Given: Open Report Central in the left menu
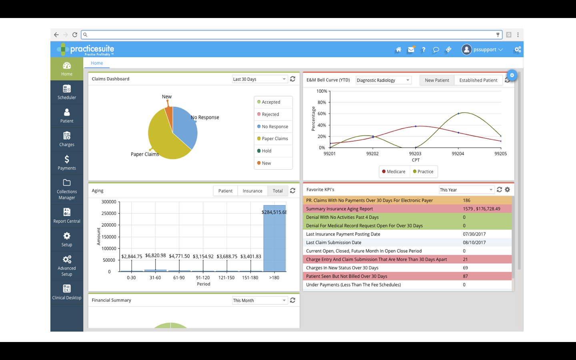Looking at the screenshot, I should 67,215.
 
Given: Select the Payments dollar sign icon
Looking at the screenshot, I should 67,159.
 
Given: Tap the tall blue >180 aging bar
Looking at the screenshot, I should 274,240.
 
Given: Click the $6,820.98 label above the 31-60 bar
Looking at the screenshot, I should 155,255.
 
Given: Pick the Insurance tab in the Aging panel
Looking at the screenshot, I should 252,191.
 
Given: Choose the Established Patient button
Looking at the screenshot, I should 478,80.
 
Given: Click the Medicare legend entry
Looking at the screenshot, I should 394,172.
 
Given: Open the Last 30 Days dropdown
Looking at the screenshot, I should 260,79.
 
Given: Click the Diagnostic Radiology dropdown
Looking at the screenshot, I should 383,80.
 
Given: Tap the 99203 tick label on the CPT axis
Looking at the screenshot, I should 415,154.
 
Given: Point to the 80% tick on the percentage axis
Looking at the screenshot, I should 322,102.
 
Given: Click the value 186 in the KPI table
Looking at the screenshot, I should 466,200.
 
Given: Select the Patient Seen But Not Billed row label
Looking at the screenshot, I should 346,276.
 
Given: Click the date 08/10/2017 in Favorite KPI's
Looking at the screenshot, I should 474,242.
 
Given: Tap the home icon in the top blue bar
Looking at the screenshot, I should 398,50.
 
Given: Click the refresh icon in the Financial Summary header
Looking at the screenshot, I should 293,300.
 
